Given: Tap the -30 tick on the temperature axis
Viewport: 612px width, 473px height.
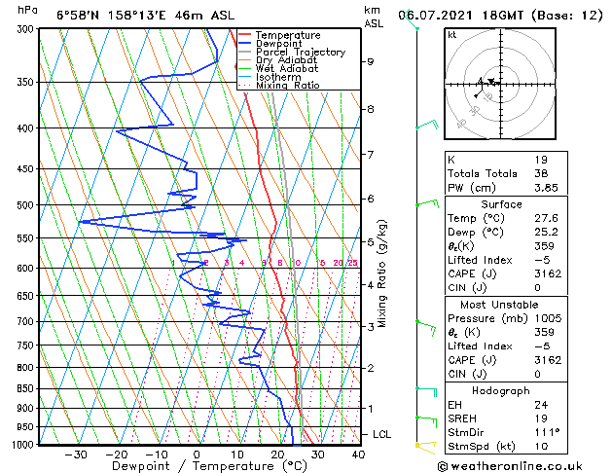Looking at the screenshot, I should pyautogui.click(x=75, y=454).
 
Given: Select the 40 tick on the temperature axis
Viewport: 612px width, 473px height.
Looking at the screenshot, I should pyautogui.click(x=358, y=454).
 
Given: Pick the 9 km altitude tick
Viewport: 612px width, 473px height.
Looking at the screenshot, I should pyautogui.click(x=371, y=61).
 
